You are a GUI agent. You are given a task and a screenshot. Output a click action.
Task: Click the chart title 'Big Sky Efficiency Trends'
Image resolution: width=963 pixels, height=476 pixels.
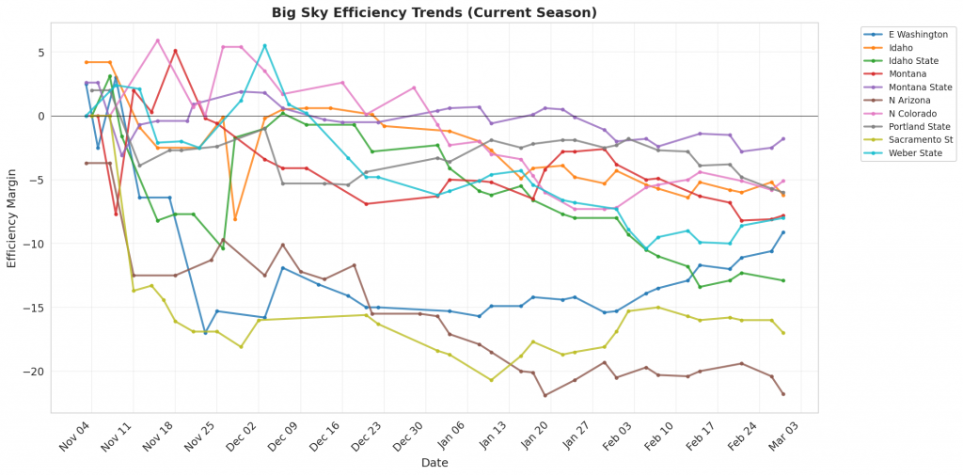[434, 12]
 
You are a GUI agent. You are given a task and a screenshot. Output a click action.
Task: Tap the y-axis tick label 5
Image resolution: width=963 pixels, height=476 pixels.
[39, 52]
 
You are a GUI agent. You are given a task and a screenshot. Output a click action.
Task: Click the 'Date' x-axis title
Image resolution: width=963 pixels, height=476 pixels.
[434, 463]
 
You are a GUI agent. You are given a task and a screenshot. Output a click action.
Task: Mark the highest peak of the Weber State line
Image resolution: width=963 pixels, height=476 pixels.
[264, 45]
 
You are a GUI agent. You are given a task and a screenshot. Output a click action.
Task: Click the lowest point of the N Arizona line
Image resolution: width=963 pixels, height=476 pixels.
[545, 395]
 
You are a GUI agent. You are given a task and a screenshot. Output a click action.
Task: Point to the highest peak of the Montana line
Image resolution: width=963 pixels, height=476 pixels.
[175, 51]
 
